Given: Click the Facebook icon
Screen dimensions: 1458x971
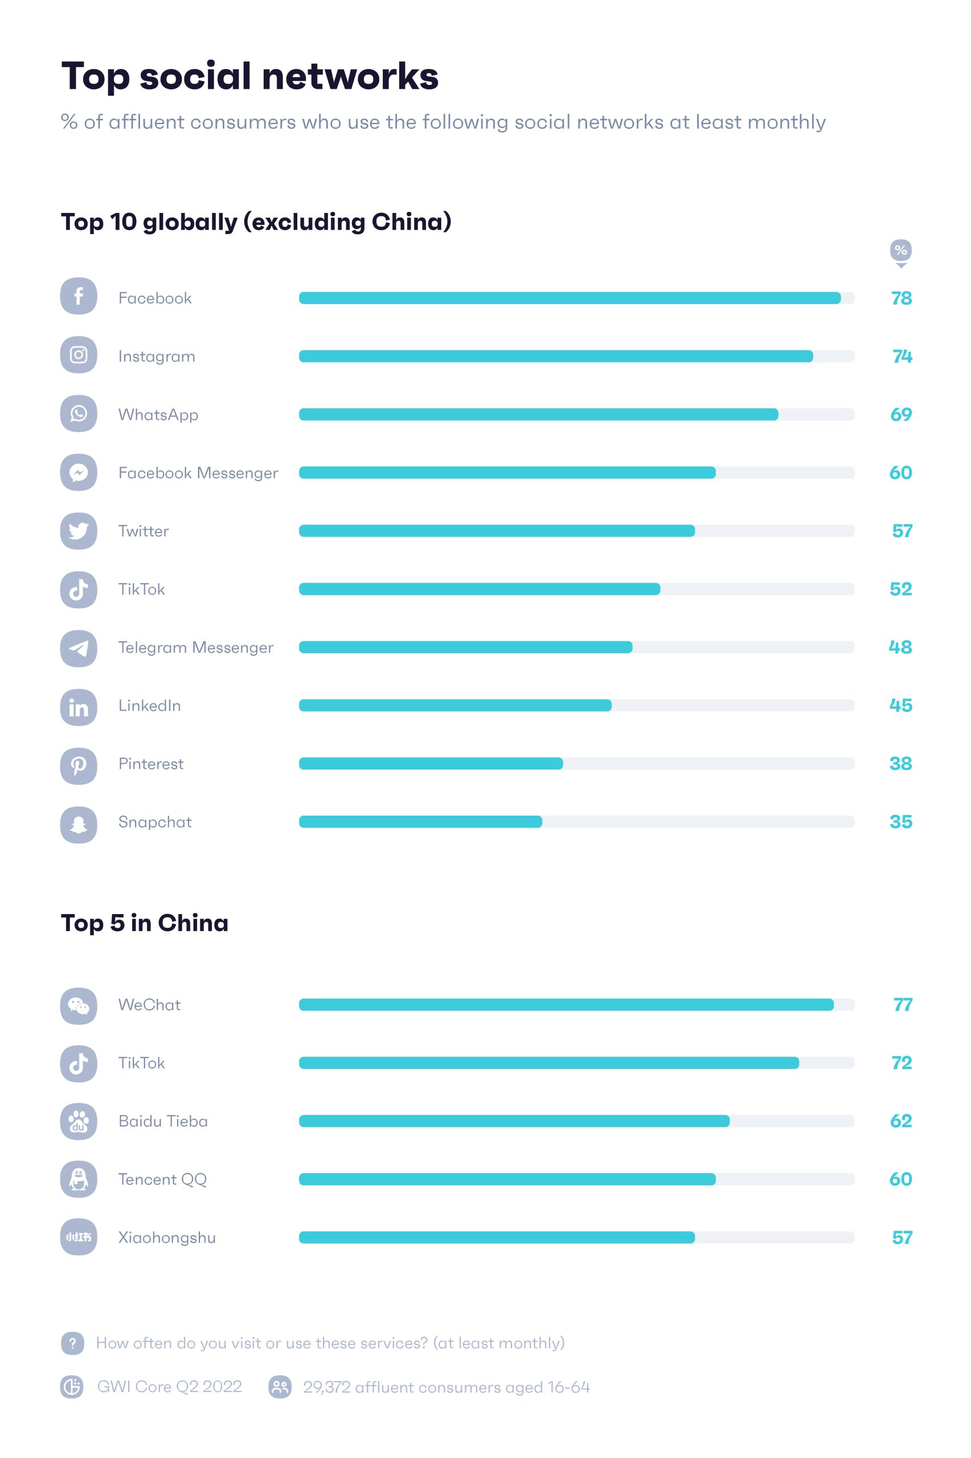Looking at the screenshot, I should click(79, 297).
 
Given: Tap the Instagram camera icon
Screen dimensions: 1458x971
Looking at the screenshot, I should click(79, 355).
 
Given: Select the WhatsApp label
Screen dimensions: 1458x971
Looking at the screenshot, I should click(158, 414).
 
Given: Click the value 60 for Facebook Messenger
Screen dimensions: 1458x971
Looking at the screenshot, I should click(900, 473).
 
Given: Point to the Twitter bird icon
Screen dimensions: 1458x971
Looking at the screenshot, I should click(79, 531).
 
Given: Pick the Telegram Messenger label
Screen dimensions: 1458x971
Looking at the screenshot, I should click(196, 648).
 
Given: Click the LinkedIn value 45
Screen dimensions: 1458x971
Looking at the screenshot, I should click(900, 706).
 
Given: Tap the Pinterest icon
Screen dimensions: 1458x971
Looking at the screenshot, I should click(79, 767).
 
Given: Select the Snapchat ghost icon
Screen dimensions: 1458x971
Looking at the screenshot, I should click(79, 825).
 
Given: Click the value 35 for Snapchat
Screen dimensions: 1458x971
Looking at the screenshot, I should click(900, 822).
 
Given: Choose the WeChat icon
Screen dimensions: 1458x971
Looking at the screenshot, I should click(79, 1006).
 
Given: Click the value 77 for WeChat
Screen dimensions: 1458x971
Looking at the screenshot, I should click(902, 1005).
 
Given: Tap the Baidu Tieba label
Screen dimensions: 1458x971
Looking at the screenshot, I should click(163, 1121).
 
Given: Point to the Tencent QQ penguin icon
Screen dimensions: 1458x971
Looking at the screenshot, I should click(79, 1179).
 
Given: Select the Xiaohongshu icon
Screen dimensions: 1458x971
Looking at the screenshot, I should click(79, 1238).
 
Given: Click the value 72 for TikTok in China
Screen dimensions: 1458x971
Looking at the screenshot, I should click(901, 1063).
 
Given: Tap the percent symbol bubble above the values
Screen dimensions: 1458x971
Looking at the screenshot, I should click(901, 251).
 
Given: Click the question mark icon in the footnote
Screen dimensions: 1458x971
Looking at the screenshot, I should click(72, 1343).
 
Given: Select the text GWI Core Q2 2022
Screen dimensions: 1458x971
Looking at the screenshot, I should click(169, 1387).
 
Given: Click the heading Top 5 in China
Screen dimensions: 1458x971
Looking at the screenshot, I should click(144, 923).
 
